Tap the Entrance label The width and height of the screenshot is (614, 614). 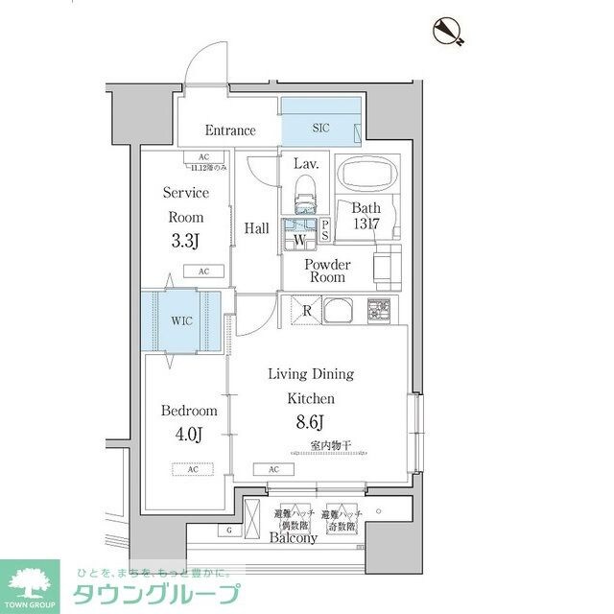point(230,130)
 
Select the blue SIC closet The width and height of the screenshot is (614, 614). point(320,123)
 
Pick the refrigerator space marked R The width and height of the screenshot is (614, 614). point(305,310)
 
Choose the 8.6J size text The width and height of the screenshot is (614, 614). point(310,420)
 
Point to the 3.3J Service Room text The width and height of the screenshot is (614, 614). point(185,241)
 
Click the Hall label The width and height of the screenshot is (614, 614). point(256,228)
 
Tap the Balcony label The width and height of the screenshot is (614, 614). point(294,538)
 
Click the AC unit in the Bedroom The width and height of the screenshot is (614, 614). point(193,469)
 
